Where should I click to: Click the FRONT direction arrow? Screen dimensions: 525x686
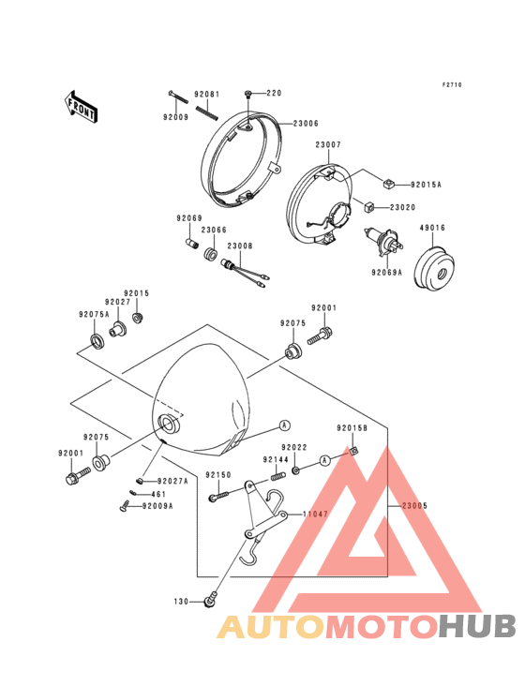(x=81, y=106)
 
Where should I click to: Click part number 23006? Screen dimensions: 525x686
(x=306, y=124)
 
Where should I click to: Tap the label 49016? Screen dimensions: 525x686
(x=432, y=228)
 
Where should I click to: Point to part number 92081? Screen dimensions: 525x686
(x=207, y=95)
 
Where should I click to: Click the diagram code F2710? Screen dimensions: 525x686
(x=452, y=85)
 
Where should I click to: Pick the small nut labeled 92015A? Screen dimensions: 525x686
(x=389, y=185)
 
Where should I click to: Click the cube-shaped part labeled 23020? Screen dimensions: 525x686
(x=370, y=206)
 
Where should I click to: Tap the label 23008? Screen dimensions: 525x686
(x=240, y=246)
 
